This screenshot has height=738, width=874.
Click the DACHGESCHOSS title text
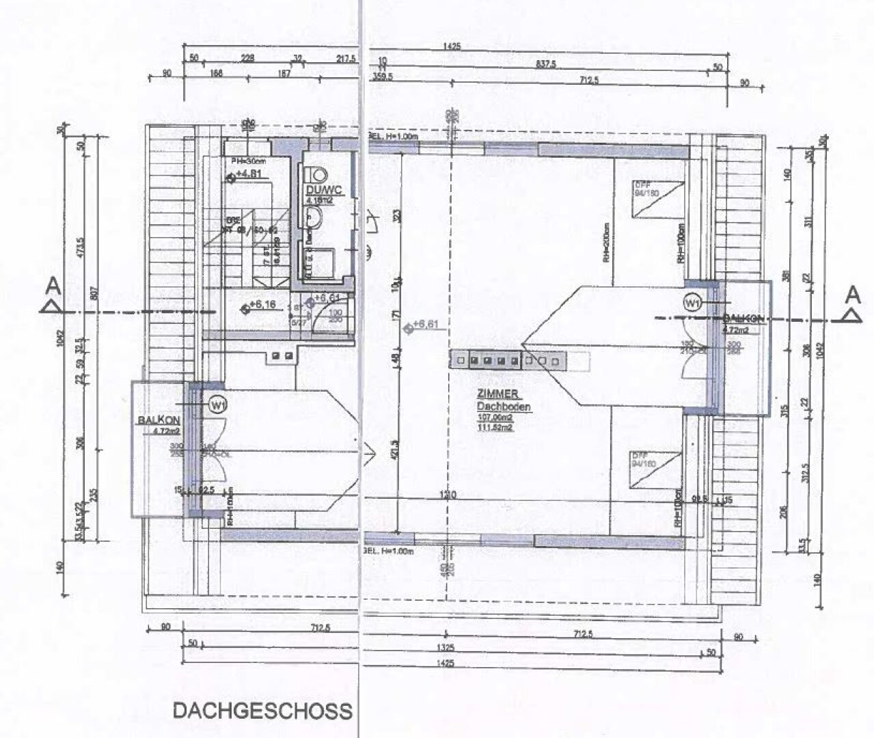pyautogui.click(x=262, y=711)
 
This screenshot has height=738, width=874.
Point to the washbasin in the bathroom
pyautogui.click(x=312, y=218)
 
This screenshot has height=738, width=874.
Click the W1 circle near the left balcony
pyautogui.click(x=218, y=405)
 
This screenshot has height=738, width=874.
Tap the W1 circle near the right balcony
pyautogui.click(x=693, y=301)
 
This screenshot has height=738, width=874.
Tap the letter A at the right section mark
pyautogui.click(x=851, y=295)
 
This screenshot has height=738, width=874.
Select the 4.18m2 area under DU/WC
pyautogui.click(x=319, y=202)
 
